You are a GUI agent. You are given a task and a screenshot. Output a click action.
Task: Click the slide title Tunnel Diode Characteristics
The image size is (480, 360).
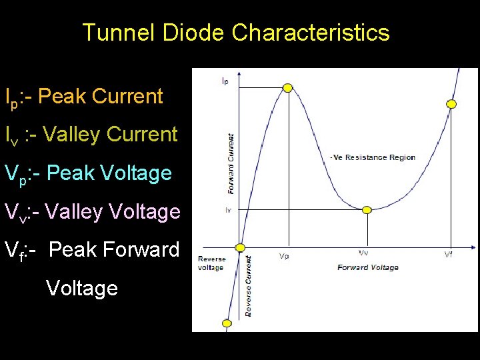235,32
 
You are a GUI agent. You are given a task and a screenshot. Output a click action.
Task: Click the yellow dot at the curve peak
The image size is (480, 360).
288,87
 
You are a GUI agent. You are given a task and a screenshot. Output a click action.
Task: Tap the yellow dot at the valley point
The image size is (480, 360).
366,210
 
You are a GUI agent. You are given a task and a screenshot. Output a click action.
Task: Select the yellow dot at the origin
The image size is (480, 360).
241,247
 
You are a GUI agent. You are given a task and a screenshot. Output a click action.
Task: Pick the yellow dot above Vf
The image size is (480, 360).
451,104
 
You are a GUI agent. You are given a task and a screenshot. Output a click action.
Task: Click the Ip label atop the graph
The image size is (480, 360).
225,81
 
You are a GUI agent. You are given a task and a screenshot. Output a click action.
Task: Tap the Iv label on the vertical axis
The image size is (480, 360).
227,210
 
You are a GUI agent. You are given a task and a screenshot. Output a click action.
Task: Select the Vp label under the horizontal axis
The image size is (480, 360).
283,255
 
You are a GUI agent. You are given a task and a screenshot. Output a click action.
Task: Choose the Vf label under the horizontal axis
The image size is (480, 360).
451,255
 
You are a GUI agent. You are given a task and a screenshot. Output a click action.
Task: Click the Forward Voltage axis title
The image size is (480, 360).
367,267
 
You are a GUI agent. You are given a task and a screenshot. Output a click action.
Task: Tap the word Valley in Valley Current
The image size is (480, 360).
71,135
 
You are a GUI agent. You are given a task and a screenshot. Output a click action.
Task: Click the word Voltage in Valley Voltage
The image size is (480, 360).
147,212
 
